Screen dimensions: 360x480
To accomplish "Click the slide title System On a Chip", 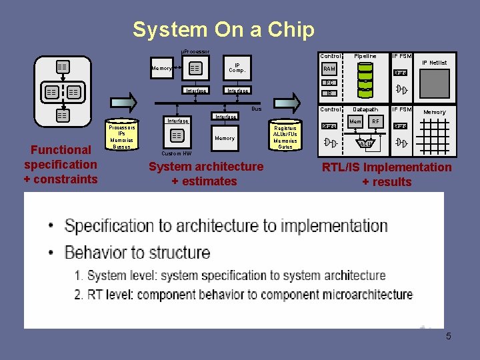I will [223, 29].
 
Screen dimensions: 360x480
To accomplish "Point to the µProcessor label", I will [195, 51].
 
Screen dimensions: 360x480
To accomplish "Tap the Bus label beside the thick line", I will [256, 108].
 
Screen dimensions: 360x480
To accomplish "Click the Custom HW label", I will [177, 153].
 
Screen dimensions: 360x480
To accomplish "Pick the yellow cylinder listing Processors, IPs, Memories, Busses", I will [122, 137].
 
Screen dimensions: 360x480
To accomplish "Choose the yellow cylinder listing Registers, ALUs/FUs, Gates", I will [285, 137].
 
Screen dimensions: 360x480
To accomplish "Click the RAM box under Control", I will [329, 69].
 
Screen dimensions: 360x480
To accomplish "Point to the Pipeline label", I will [365, 56].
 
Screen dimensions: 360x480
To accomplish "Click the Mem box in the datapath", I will [356, 122].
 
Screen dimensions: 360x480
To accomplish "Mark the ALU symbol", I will [365, 143].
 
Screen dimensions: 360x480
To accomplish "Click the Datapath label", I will [365, 109].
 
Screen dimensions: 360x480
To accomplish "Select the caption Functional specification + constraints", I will [61, 164].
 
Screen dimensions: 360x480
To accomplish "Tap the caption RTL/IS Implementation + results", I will [387, 174].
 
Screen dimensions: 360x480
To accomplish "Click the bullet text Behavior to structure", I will [137, 253].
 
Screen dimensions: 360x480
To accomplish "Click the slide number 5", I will [449, 336].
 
